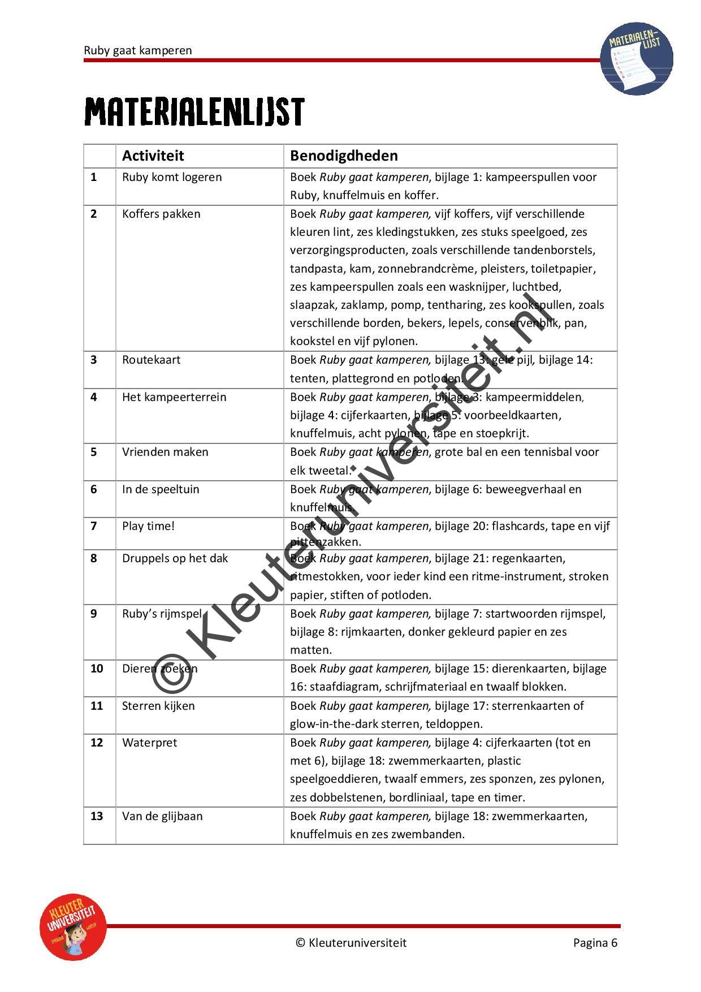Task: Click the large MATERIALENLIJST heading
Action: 194,112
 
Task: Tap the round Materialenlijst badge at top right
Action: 637,58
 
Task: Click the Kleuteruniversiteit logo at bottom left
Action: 73,927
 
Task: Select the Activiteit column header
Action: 153,156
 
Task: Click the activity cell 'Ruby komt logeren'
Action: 172,177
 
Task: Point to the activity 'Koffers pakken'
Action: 161,214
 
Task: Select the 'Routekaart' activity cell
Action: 151,360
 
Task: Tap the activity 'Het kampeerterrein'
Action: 174,397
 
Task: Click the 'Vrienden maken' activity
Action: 165,452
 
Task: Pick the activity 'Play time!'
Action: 148,526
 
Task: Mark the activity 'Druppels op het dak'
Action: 175,558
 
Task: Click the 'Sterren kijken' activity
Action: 158,706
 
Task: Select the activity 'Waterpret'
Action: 149,743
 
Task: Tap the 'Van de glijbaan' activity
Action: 162,816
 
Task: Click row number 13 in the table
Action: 97,816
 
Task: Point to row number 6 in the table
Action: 94,489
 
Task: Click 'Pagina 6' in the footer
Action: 595,943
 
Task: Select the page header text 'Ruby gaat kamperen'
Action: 138,50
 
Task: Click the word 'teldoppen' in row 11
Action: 456,724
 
